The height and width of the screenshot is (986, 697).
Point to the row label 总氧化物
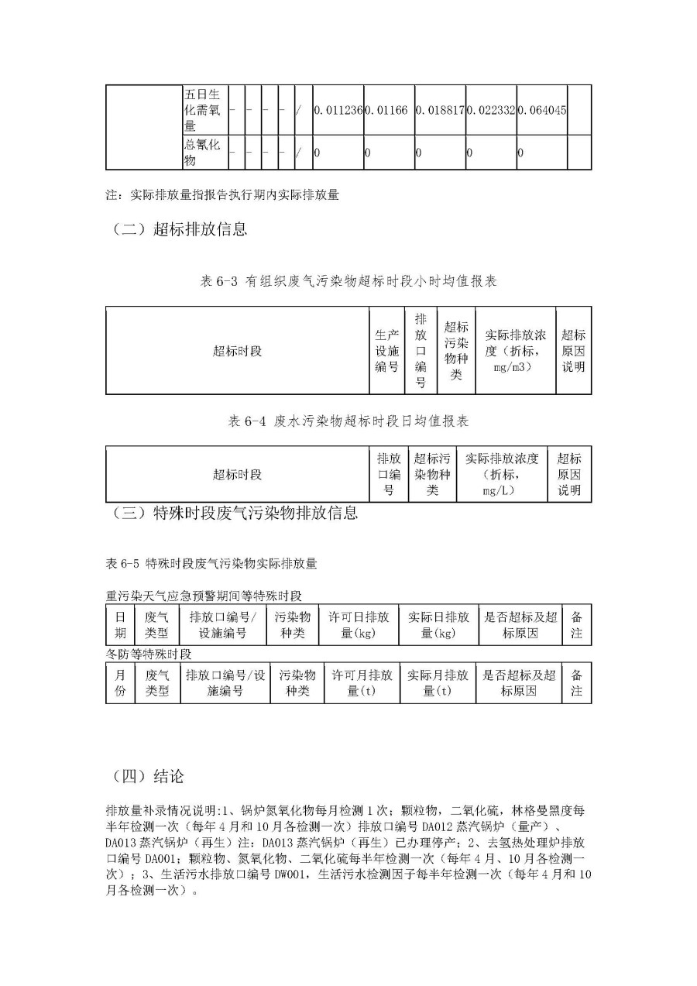201,153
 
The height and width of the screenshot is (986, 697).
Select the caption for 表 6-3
348,282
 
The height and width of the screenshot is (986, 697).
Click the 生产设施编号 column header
386,351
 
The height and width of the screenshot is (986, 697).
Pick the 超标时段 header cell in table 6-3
237,351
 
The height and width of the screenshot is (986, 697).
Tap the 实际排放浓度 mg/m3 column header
515,351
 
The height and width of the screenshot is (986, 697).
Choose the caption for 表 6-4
348,421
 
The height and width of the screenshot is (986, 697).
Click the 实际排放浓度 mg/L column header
501,474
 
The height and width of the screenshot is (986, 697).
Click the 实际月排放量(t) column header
438,682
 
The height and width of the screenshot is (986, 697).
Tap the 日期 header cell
120,625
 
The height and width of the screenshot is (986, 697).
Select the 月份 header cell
120,682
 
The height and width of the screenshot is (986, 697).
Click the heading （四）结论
148,775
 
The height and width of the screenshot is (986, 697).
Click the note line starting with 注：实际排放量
222,195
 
